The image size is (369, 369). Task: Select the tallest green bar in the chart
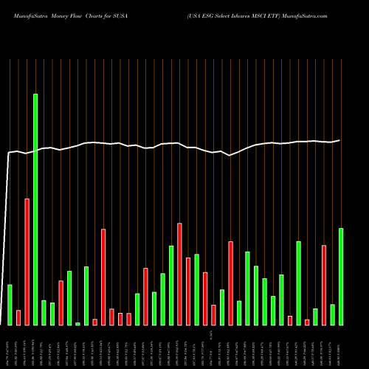pyautogui.click(x=35, y=210)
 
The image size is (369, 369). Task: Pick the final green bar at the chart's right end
pyautogui.click(x=341, y=277)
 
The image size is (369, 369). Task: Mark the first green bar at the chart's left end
pyautogui.click(x=10, y=305)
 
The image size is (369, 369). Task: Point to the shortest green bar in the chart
pyautogui.click(x=77, y=323)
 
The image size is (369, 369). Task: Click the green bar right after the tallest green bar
pyautogui.click(x=44, y=313)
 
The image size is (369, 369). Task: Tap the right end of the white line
pyautogui.click(x=340, y=140)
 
